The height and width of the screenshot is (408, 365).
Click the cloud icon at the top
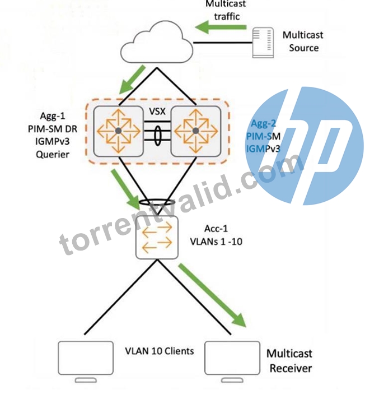coord(157,43)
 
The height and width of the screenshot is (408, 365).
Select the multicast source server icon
coord(263,42)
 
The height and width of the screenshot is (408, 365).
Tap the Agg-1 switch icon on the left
coord(119,131)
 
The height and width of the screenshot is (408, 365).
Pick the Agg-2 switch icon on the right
coord(196,131)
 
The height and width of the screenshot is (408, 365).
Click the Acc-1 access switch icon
coord(157,238)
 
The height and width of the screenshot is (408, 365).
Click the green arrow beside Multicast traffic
coord(221,27)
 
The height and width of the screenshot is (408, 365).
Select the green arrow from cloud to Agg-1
coord(132,80)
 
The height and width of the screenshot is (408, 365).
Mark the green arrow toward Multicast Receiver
coord(212,295)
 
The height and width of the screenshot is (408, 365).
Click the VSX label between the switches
coord(157,112)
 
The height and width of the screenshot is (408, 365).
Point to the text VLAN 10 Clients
coord(160,351)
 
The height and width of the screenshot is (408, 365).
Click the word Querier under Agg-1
coord(53,155)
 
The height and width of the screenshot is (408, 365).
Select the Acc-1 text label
coord(216,229)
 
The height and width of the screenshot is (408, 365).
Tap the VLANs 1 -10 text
coord(216,242)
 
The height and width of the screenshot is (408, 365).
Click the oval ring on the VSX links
coord(157,136)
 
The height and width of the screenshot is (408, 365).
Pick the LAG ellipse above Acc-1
coord(157,202)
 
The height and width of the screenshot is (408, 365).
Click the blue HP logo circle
coord(305,146)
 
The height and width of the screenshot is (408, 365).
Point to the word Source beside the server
coord(303,48)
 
